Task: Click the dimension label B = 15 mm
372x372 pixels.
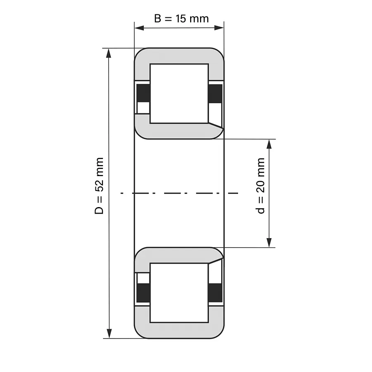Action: [x=181, y=19]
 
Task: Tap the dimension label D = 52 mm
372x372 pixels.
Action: [x=99, y=186]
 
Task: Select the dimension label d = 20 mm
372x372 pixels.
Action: [x=260, y=186]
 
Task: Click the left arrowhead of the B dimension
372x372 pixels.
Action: [x=139, y=28]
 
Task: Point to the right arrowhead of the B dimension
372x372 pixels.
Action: [x=219, y=28]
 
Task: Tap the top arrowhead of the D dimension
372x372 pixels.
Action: [x=109, y=53]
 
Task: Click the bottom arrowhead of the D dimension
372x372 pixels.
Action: [x=109, y=333]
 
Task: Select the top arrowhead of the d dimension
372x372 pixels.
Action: [x=269, y=144]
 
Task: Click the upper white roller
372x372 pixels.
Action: [x=179, y=93]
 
